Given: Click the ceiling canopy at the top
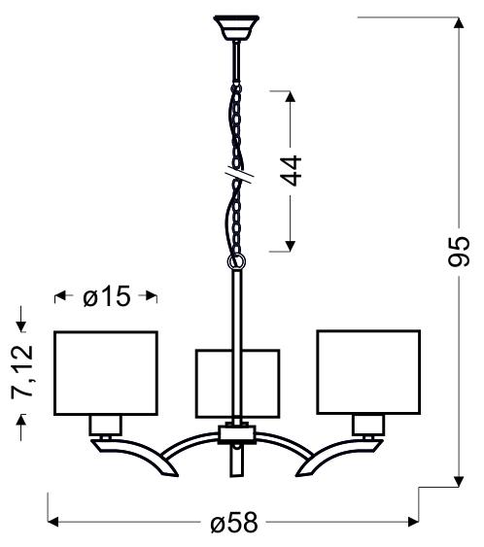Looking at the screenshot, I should click(236, 24).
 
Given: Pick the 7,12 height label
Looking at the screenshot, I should click(21, 373).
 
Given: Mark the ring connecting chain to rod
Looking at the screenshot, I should click(236, 262).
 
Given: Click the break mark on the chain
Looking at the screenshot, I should click(236, 176).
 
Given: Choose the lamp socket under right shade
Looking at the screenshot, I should click(366, 424).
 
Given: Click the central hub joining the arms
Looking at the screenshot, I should click(236, 433).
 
